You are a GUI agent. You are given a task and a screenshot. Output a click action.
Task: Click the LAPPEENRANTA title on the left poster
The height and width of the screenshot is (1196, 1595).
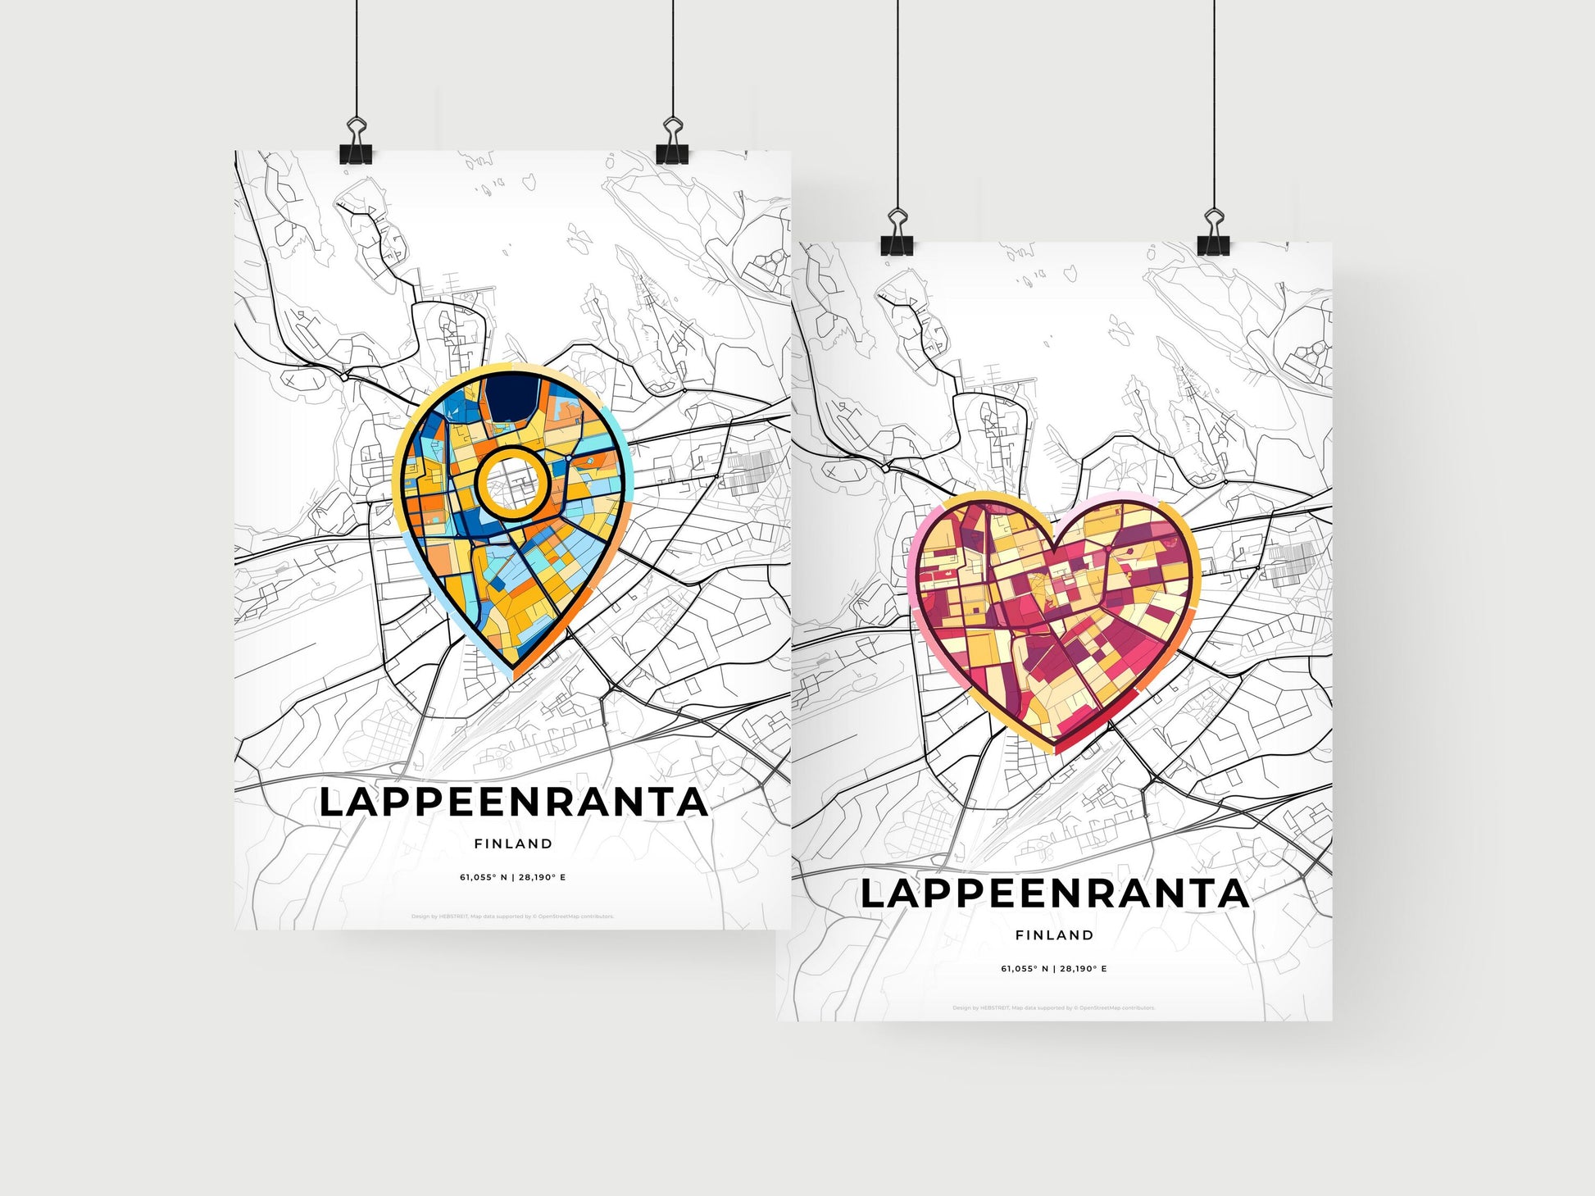pyautogui.click(x=513, y=803)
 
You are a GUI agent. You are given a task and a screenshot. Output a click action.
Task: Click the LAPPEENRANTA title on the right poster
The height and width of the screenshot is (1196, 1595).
pyautogui.click(x=1054, y=894)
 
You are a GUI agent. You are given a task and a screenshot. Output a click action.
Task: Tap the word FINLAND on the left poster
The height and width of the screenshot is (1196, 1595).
pyautogui.click(x=513, y=844)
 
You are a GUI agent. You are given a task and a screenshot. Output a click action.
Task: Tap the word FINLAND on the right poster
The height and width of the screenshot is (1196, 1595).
pyautogui.click(x=1054, y=935)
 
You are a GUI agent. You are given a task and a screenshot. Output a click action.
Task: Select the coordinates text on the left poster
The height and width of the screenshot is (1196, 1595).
pyautogui.click(x=513, y=877)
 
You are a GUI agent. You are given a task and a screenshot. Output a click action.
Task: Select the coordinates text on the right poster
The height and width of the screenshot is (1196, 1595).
pyautogui.click(x=1054, y=968)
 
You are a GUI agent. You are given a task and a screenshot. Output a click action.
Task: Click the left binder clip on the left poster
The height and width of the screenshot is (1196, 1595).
pyautogui.click(x=356, y=143)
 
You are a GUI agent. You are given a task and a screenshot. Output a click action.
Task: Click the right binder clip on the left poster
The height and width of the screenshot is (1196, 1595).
pyautogui.click(x=672, y=143)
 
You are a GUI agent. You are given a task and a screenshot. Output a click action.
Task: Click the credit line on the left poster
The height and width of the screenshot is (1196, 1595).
pyautogui.click(x=513, y=916)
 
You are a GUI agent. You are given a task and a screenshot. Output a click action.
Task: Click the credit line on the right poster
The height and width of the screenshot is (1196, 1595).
pyautogui.click(x=1054, y=1007)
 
